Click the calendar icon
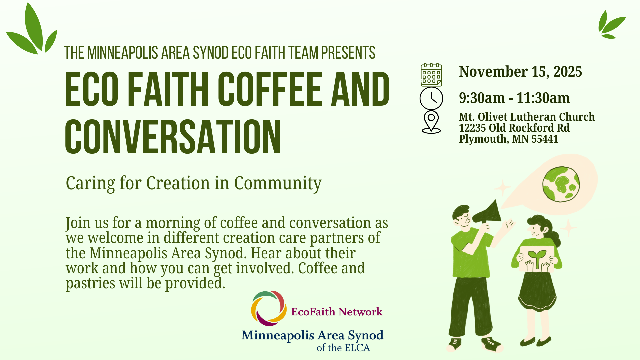(x=431, y=75)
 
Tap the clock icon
(x=431, y=98)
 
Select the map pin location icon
(x=431, y=122)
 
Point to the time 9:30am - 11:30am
(x=514, y=98)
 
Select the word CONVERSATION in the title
(x=173, y=137)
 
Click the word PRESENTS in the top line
(x=348, y=53)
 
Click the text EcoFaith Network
(x=337, y=312)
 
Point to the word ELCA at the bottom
(x=357, y=348)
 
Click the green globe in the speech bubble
(x=561, y=184)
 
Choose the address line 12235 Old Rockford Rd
(x=514, y=128)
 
